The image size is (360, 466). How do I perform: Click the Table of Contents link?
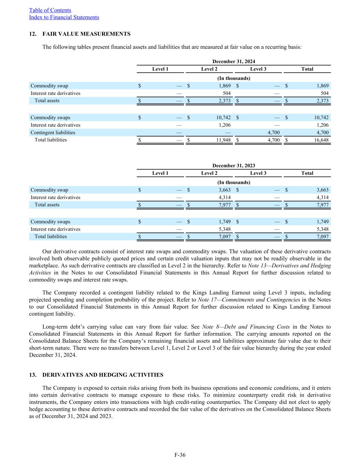point(50,10)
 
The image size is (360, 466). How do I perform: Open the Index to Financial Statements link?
point(64,17)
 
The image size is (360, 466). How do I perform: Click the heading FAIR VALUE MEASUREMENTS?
point(86,34)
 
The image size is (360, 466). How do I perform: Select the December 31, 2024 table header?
point(234,61)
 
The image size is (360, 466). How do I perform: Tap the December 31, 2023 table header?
point(234,166)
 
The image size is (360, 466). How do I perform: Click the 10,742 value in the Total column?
point(321,117)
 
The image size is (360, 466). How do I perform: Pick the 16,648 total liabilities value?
point(321,140)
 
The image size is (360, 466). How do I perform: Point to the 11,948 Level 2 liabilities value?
point(224,140)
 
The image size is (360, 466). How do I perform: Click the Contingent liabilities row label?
point(53,132)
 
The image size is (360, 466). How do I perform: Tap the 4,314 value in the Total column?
point(323,197)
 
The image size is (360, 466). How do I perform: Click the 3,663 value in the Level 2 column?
point(225,190)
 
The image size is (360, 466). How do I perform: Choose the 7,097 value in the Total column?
point(323,237)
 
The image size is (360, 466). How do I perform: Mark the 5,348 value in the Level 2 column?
point(225,229)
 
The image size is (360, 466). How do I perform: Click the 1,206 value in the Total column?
point(323,125)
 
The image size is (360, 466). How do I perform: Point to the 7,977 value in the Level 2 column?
point(225,205)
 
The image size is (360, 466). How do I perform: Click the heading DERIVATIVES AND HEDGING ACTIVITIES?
point(103,375)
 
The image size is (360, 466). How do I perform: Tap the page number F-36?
point(180,455)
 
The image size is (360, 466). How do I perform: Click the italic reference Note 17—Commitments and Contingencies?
point(249,300)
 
